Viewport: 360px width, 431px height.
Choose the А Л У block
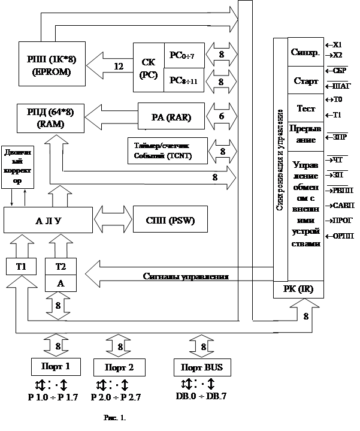(47, 219)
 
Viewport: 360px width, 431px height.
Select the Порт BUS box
(201, 366)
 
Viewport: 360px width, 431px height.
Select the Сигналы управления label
(186, 277)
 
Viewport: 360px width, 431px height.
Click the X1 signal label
(335, 44)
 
